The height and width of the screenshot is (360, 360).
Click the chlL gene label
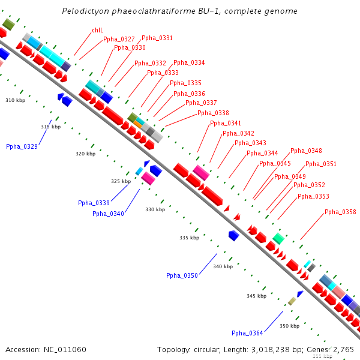(x=97, y=30)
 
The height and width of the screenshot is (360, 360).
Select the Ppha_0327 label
(x=119, y=39)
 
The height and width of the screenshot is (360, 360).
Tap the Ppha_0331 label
(x=157, y=38)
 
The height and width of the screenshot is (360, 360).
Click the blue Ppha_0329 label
(x=22, y=146)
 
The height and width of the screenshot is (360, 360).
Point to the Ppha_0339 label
(x=94, y=203)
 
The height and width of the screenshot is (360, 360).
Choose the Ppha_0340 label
(x=108, y=214)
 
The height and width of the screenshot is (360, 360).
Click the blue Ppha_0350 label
(x=182, y=275)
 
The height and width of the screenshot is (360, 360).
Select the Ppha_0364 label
(x=247, y=333)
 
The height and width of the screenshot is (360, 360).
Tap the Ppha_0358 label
(x=340, y=212)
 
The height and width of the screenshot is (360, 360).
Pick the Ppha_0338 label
(x=213, y=113)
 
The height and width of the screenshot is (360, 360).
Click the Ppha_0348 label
(x=306, y=151)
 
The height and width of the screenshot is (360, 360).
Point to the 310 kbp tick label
(x=16, y=100)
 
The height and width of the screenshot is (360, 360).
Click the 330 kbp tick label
(x=155, y=209)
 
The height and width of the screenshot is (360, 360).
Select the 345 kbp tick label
(x=256, y=296)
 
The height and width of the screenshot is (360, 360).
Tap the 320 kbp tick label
(x=85, y=154)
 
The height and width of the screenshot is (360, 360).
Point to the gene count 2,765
(x=343, y=349)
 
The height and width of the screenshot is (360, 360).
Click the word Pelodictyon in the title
(x=85, y=11)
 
